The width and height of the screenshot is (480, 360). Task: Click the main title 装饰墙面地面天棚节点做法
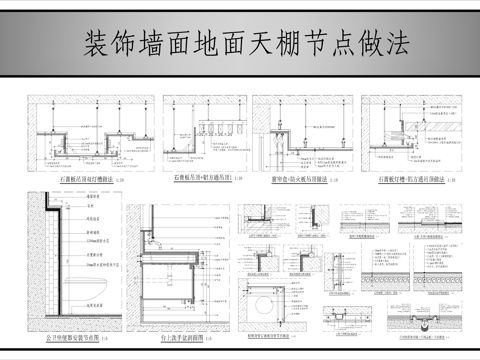click(240, 44)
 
